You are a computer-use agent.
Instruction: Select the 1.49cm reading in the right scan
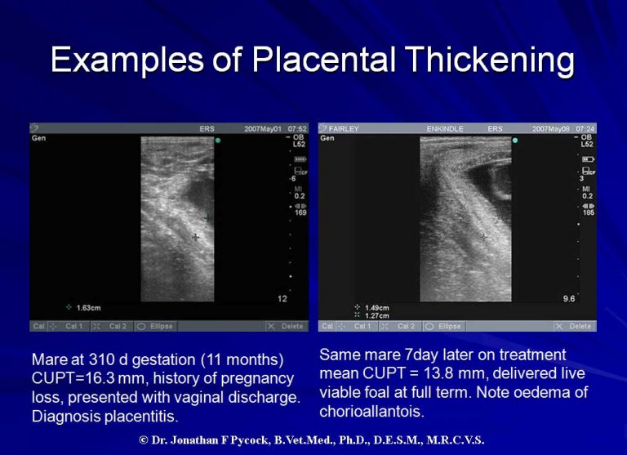[x=376, y=308]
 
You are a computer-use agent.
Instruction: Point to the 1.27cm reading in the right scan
[x=376, y=315]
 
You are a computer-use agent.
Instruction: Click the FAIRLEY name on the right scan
[x=345, y=129]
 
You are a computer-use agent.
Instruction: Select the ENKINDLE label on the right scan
[x=445, y=129]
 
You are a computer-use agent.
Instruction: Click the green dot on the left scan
[x=218, y=141]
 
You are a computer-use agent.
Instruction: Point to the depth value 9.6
[x=568, y=298]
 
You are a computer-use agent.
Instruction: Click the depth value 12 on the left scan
[x=282, y=298]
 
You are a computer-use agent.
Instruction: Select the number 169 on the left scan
[x=300, y=214]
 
